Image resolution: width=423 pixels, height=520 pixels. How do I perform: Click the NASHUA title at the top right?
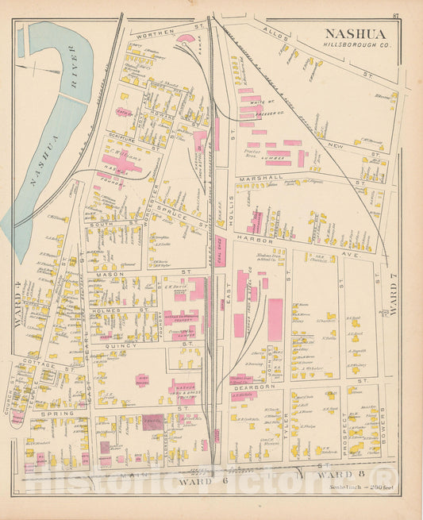[x=355, y=34]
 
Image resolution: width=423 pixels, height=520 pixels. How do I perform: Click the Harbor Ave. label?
[x=275, y=241]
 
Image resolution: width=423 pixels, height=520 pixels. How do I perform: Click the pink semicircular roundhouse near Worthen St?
[x=186, y=37]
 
